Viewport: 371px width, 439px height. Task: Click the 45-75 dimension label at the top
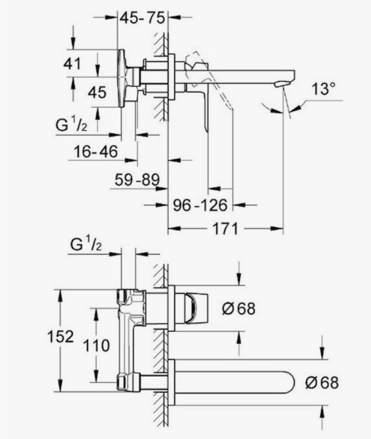(x=142, y=18)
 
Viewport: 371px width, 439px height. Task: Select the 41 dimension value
(x=72, y=64)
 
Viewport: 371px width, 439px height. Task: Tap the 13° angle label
(x=323, y=88)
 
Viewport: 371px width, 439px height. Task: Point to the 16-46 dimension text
(x=96, y=152)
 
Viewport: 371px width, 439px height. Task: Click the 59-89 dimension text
(x=137, y=179)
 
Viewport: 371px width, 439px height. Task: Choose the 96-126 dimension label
(x=200, y=205)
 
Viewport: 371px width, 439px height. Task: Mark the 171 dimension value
(x=225, y=229)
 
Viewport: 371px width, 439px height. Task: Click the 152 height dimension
(x=61, y=336)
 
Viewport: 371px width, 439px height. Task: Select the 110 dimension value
(x=96, y=345)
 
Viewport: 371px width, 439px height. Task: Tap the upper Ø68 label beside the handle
(x=239, y=309)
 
